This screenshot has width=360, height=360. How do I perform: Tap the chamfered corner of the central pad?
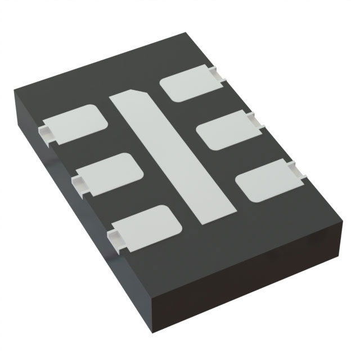[x=139, y=91]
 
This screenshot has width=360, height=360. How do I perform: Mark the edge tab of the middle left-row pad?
[x=78, y=182]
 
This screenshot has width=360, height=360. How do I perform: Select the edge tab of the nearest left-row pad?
[x=116, y=237]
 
